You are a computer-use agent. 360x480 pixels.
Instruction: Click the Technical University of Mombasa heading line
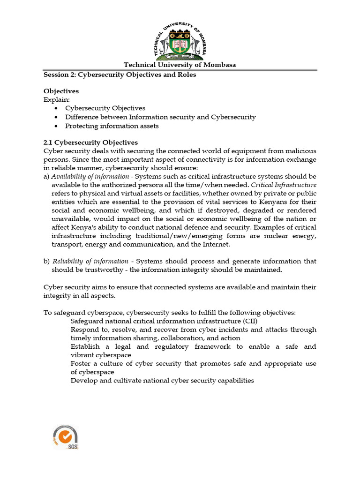click(180, 65)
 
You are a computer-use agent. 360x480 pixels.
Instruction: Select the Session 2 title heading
click(120, 75)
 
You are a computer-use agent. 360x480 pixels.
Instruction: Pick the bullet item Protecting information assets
click(112, 126)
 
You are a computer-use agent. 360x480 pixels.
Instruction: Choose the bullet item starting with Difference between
click(160, 117)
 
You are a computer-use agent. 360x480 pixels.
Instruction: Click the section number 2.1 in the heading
click(49, 142)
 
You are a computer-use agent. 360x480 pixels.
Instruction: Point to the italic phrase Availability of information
click(90, 176)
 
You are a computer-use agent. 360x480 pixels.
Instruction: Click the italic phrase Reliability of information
click(90, 261)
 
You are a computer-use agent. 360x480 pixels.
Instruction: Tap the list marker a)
click(46, 176)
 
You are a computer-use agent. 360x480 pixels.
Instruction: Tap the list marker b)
click(46, 261)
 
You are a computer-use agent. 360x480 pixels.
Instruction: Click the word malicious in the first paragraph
click(301, 151)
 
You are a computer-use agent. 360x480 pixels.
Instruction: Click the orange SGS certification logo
click(66, 437)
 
